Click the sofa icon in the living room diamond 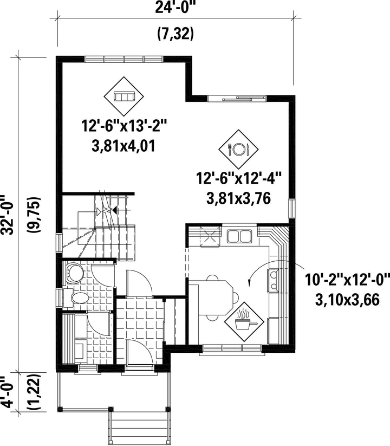click(x=123, y=96)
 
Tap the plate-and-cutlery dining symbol click(x=238, y=149)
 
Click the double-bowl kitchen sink click(x=239, y=236)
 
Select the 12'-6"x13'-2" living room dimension click(x=124, y=125)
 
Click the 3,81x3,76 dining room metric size click(x=238, y=198)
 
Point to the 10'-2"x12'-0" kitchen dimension click(x=347, y=280)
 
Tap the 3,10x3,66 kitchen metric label click(x=347, y=300)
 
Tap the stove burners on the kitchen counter click(x=272, y=280)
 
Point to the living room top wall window click(x=124, y=59)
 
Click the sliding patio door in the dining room click(x=237, y=99)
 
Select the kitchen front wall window click(x=232, y=349)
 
